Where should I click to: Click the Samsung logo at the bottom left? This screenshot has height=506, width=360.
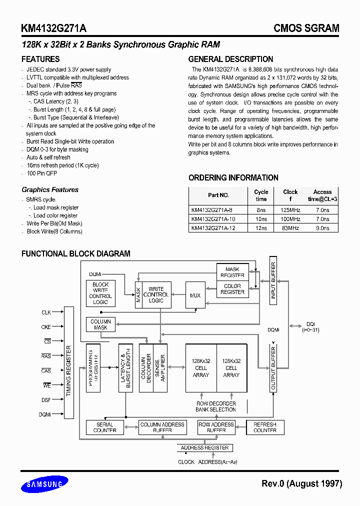point(44,483)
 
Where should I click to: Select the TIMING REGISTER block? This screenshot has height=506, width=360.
point(69,362)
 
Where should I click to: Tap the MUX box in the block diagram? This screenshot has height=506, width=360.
point(195,295)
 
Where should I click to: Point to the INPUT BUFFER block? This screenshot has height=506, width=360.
point(273,280)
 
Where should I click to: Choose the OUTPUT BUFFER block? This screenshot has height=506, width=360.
point(273,368)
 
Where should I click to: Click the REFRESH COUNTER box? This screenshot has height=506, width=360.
point(264,427)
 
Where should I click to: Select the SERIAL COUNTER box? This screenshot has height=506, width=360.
point(104,427)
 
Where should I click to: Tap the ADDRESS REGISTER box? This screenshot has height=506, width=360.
point(204,447)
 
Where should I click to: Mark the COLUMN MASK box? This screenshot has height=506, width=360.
point(100,324)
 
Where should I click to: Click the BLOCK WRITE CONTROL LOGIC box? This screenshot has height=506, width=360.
point(100,293)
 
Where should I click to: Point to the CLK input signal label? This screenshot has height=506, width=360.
point(46,312)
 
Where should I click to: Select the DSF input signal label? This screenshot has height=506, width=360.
point(46,399)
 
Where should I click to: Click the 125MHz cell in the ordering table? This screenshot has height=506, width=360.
point(290,210)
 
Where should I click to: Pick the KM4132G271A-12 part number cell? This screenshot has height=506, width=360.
point(212,228)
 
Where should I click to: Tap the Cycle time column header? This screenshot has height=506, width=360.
point(261,195)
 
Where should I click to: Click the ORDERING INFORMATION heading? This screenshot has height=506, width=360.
point(233,177)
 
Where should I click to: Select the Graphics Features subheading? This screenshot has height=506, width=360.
point(50,189)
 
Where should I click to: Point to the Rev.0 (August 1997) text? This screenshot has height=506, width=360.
point(301,483)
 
